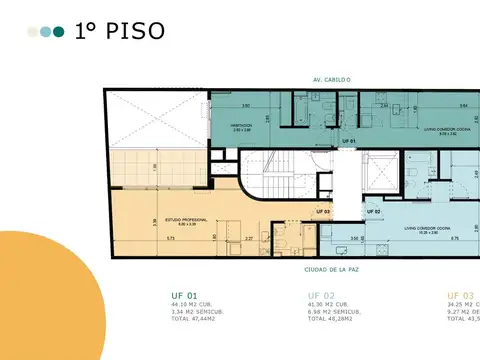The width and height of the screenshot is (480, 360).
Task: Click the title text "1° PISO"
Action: [x=119, y=31]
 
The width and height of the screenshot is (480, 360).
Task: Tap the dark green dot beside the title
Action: [x=59, y=32]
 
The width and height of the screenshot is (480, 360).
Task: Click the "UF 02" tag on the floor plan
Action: [x=372, y=212]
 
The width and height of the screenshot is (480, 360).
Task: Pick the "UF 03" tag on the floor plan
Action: [x=322, y=212]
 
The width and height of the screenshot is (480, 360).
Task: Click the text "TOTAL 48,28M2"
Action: [x=333, y=319]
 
